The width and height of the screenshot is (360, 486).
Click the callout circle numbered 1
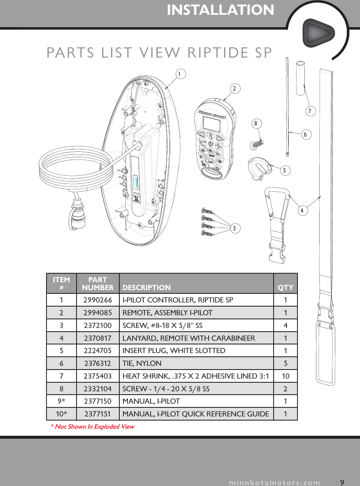(x=179, y=74)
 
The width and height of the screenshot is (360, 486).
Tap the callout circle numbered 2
(x=235, y=88)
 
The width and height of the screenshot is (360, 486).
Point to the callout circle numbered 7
(x=311, y=111)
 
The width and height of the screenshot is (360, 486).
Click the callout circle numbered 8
(x=255, y=123)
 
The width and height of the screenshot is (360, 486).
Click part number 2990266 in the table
(x=98, y=300)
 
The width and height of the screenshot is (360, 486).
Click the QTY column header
(x=286, y=287)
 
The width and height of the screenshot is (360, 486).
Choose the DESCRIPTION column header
(x=147, y=287)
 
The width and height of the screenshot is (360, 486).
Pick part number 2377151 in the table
(x=98, y=414)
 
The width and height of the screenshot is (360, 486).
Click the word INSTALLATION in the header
(x=221, y=10)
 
